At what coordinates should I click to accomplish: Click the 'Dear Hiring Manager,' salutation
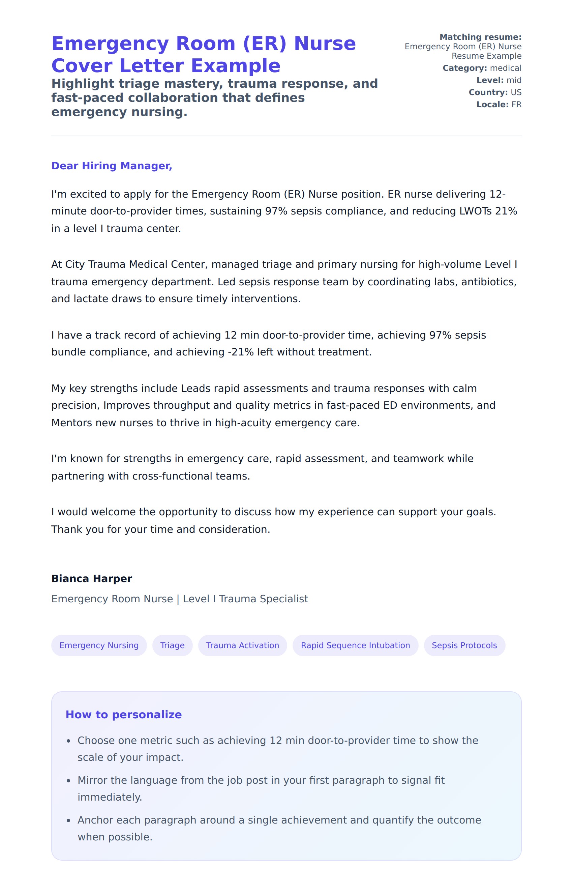coord(112,166)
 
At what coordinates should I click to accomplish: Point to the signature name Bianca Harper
coord(92,578)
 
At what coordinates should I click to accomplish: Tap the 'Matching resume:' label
coord(480,37)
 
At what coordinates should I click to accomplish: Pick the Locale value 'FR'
coord(516,105)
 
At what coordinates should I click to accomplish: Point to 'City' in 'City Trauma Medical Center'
coord(74,264)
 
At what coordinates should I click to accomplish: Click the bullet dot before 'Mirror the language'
coord(68,781)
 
